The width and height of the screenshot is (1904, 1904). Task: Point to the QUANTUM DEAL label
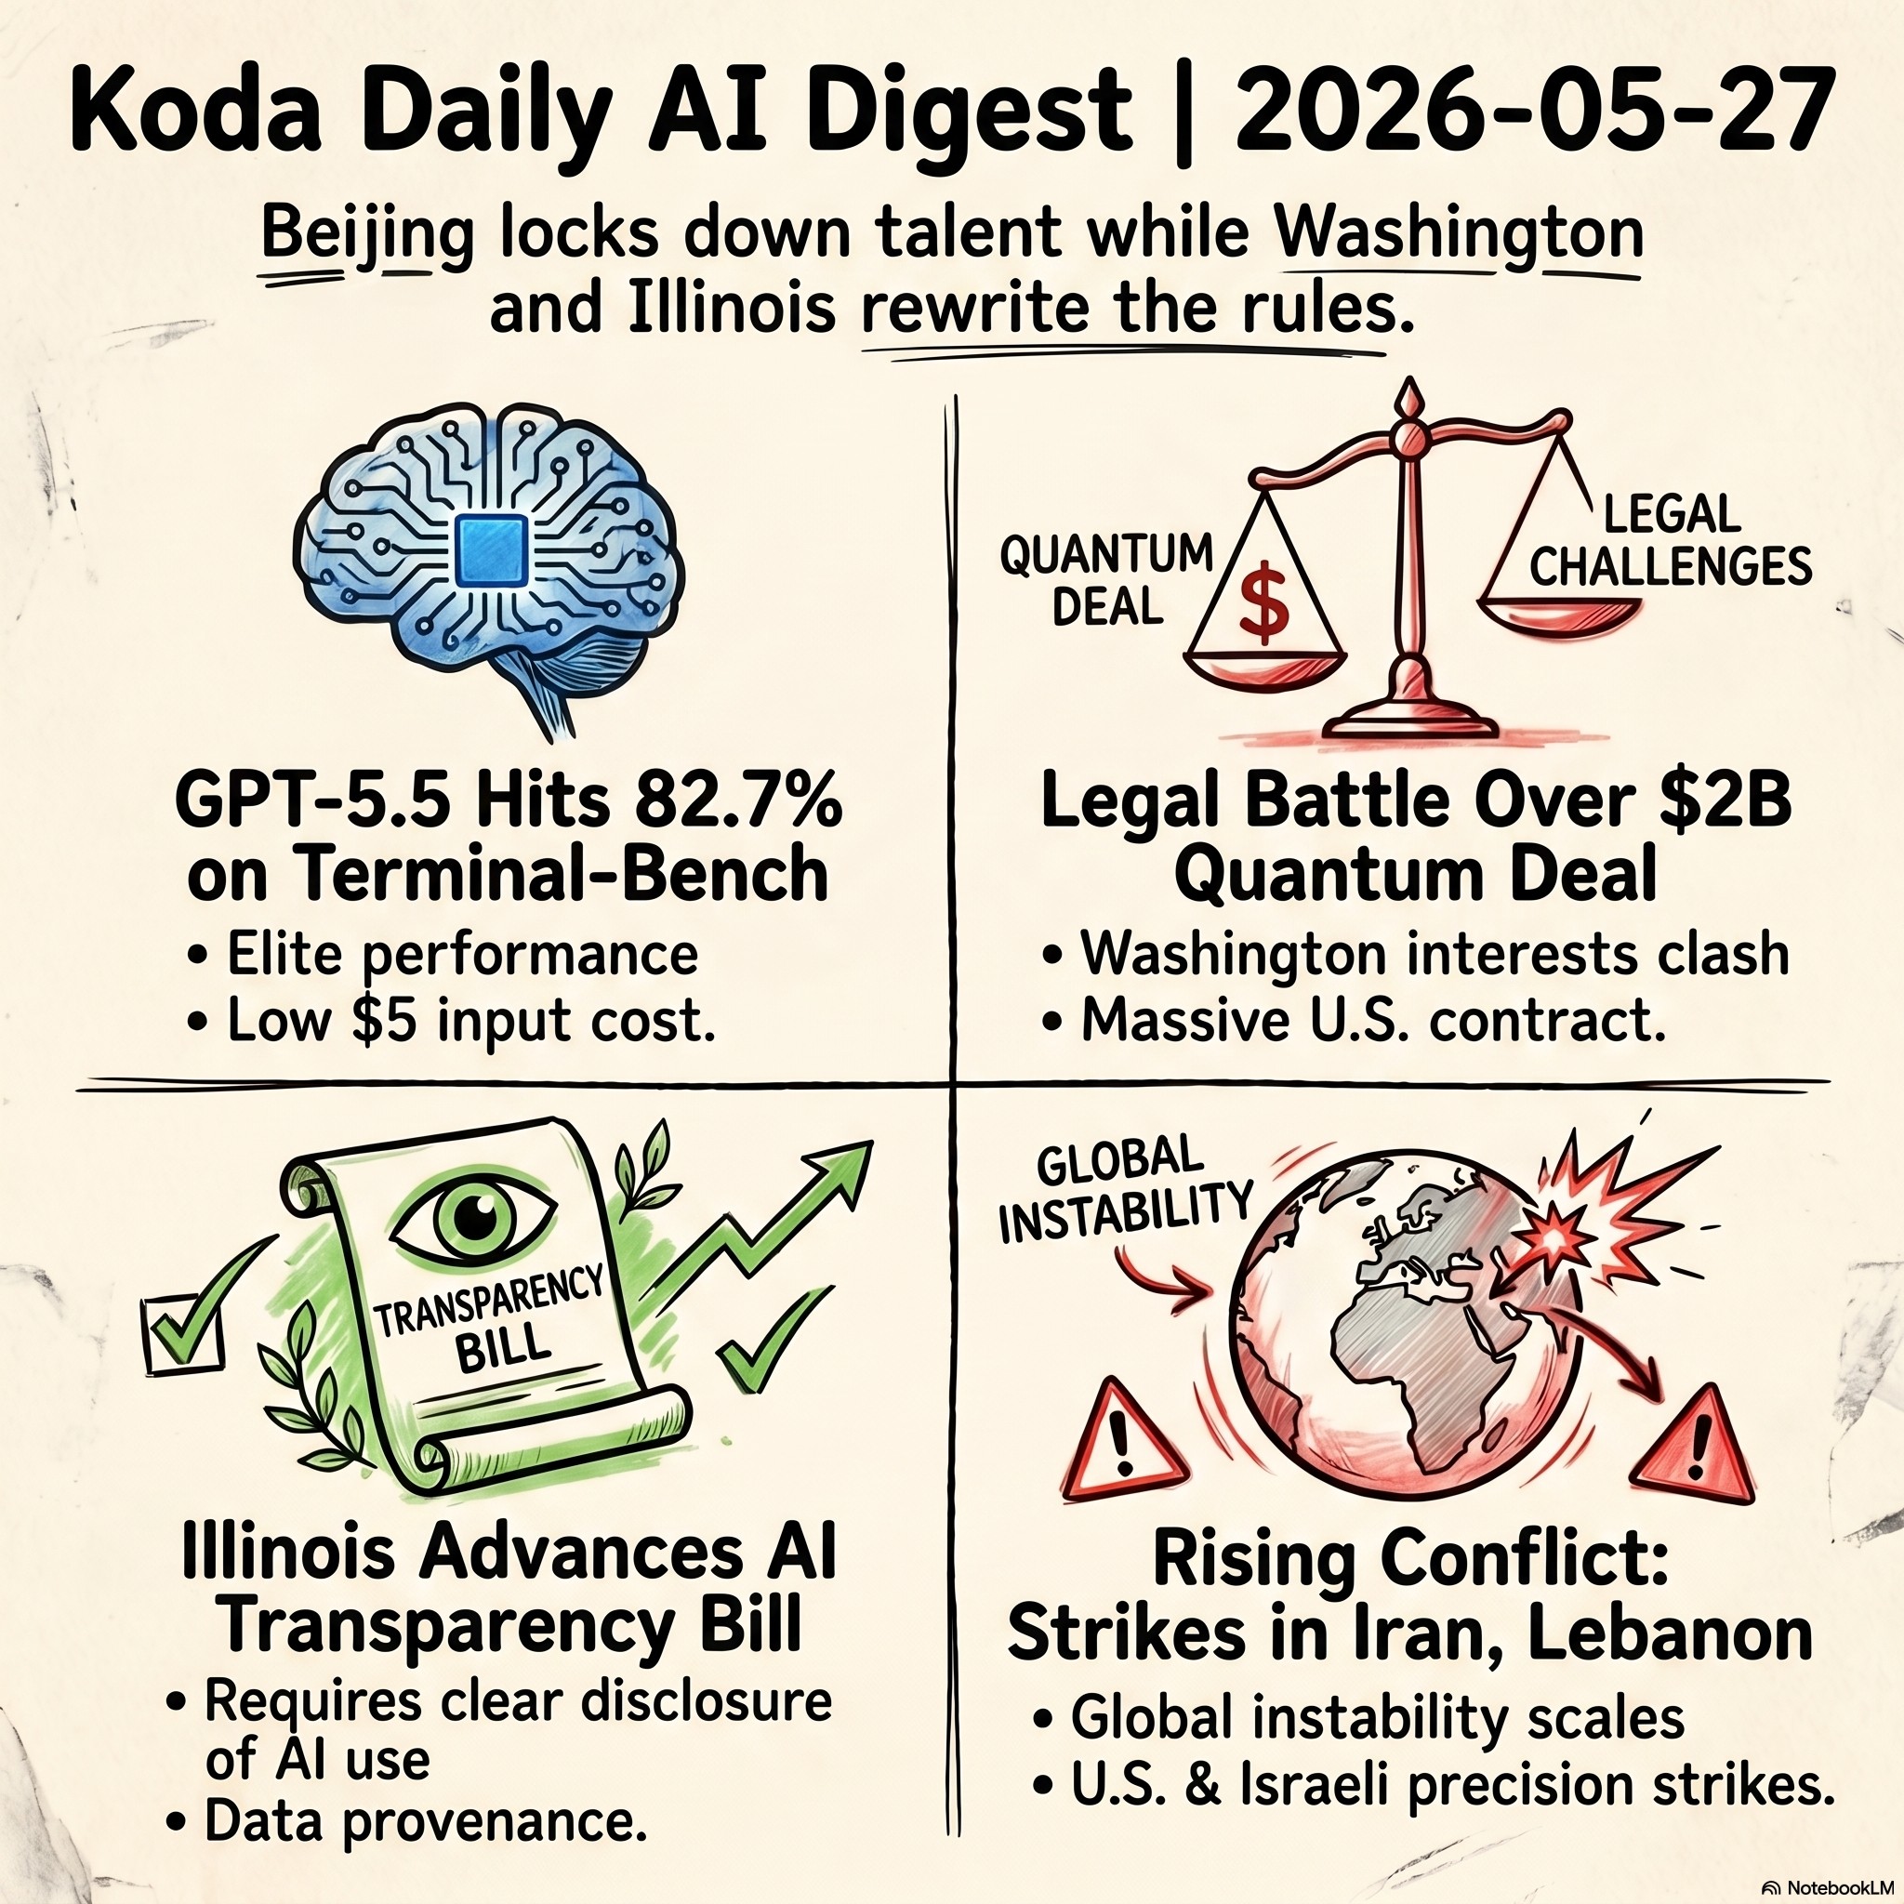tap(1105, 580)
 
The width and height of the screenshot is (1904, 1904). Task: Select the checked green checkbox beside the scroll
tap(183, 1329)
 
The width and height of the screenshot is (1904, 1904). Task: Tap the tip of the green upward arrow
tap(872, 1143)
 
